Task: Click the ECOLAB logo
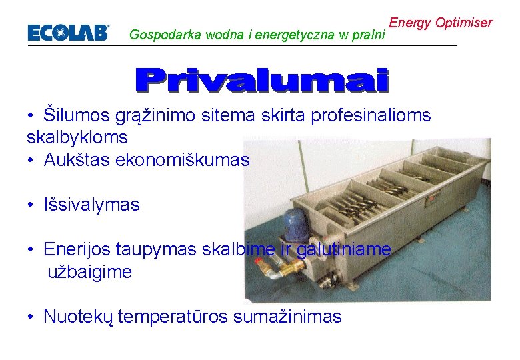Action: coord(68,33)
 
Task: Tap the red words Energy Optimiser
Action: coord(441,23)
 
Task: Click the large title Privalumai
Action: coord(261,80)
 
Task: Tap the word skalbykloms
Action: coord(77,137)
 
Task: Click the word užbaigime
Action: coord(89,272)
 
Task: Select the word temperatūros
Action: coord(174,316)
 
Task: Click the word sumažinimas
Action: coord(287,316)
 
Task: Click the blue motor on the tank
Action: coord(294,223)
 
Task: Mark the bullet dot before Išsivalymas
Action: coord(31,205)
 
